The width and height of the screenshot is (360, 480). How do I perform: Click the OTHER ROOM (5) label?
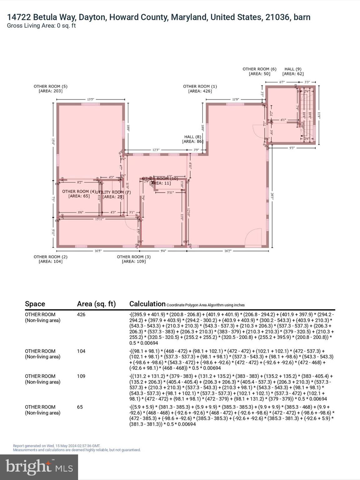(x=50, y=87)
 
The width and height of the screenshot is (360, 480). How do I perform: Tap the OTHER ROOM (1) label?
(x=200, y=87)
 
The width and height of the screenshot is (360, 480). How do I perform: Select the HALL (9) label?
(x=293, y=69)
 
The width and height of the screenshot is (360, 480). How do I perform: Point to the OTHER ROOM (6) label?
(x=259, y=69)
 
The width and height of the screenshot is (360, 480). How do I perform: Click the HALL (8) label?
(x=192, y=137)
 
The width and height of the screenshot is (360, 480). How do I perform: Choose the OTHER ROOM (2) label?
(x=50, y=257)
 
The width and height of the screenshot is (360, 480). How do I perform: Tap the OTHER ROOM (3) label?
(x=134, y=257)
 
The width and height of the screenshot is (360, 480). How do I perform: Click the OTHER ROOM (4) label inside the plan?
(x=79, y=192)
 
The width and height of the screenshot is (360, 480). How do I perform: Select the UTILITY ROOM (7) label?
(x=113, y=192)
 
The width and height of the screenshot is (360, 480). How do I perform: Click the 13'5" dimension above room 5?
(x=90, y=100)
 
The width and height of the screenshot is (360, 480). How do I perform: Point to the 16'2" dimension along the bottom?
(x=228, y=251)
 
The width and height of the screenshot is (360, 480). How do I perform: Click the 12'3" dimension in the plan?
(x=156, y=150)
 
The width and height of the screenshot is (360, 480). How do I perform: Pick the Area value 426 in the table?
(x=81, y=315)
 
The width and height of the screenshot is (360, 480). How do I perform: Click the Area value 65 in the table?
(x=80, y=407)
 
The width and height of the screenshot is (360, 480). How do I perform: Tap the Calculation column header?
(x=147, y=304)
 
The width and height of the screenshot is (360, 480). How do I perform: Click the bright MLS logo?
(x=39, y=467)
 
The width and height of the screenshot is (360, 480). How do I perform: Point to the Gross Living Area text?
(x=41, y=26)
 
